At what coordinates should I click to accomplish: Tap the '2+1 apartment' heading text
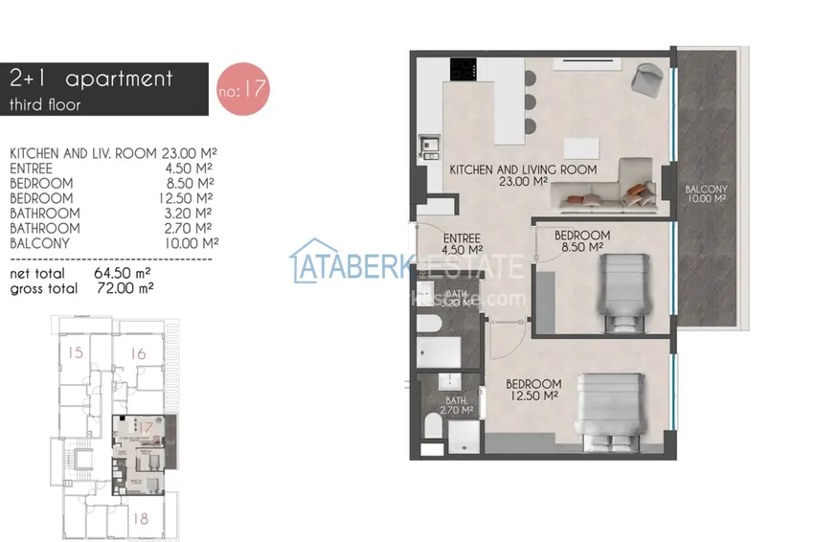[91, 79]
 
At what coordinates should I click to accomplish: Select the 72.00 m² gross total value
[124, 286]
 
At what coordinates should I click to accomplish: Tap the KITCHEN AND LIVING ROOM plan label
[523, 174]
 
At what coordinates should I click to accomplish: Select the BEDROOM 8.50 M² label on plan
[581, 240]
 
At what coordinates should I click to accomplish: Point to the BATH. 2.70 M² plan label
[458, 405]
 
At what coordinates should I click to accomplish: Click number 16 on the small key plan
[138, 354]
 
